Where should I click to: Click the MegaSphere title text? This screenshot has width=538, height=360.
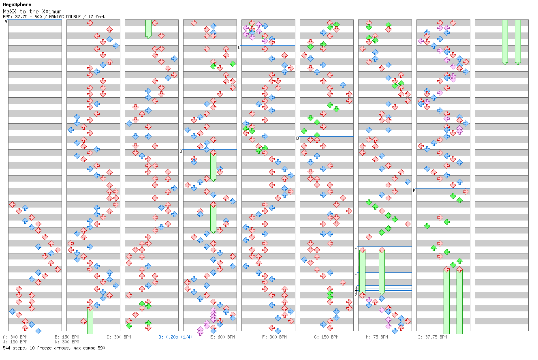click(x=17, y=5)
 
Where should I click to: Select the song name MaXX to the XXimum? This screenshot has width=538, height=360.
click(x=32, y=11)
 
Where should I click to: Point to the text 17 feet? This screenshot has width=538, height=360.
click(x=96, y=17)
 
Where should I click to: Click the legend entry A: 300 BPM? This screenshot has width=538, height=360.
click(x=15, y=337)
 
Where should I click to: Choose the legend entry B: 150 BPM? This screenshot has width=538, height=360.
click(x=67, y=337)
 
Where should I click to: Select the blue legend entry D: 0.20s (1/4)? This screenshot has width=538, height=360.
click(x=175, y=337)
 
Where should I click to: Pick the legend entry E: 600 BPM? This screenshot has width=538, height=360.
click(x=222, y=337)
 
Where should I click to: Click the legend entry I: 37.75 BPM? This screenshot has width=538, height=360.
click(x=432, y=337)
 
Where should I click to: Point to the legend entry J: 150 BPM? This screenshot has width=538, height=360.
click(x=15, y=342)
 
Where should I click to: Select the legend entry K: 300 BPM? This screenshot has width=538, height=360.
click(x=67, y=342)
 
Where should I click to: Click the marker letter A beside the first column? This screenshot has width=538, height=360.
click(x=6, y=22)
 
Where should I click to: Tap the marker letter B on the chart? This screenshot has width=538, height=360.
click(x=181, y=151)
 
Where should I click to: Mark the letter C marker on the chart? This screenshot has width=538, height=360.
click(x=239, y=47)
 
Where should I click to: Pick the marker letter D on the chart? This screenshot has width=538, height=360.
click(x=297, y=138)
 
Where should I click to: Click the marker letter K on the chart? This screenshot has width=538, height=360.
click(x=414, y=190)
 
